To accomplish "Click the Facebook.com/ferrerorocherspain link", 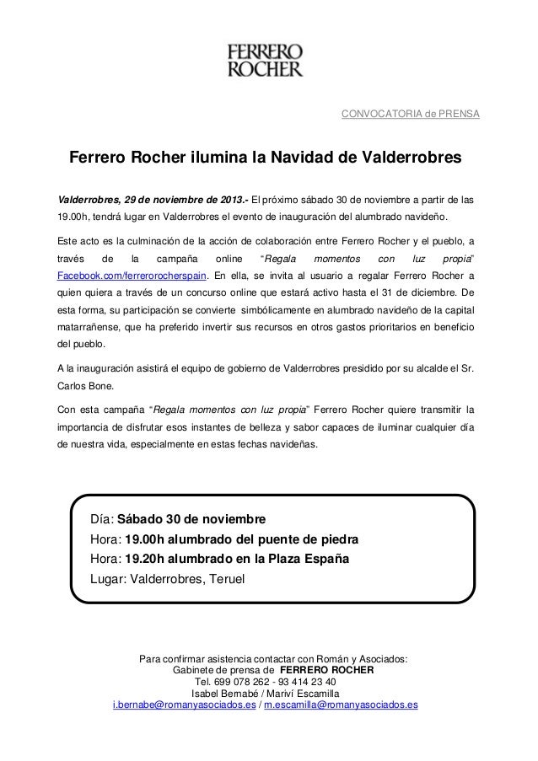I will pyautogui.click(x=132, y=275).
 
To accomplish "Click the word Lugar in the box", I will pyautogui.click(x=110, y=578).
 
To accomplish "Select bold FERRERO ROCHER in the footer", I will pyautogui.click(x=325, y=671).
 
